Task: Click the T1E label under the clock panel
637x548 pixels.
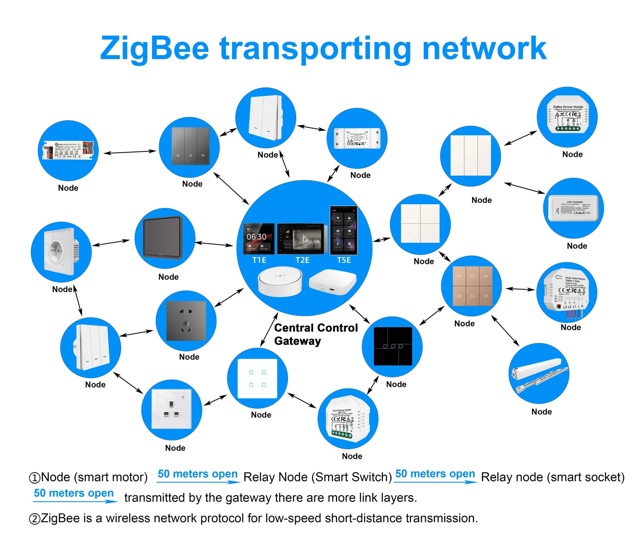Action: tap(259, 260)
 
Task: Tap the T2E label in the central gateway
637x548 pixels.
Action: tap(302, 260)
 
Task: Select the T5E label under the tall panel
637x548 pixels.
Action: tap(344, 260)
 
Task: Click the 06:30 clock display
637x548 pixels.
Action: tap(257, 237)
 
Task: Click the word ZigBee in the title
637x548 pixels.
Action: tap(154, 48)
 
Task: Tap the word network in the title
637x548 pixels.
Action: tap(484, 48)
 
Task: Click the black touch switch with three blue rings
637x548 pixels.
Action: tap(393, 346)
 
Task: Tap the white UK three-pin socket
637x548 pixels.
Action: tap(171, 409)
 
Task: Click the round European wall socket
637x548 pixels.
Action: tap(59, 251)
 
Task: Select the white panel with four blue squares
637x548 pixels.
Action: tap(258, 378)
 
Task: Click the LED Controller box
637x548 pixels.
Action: tap(574, 208)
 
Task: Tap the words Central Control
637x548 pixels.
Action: tap(316, 328)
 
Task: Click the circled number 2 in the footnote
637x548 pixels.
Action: tap(34, 519)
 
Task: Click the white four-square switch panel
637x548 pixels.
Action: tap(420, 224)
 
